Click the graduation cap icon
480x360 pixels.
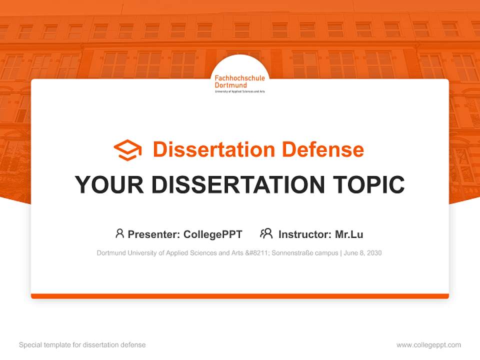pos(127,150)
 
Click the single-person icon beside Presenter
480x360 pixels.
pos(119,233)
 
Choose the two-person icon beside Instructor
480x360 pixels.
pos(266,233)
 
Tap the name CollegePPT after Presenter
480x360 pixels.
pos(213,234)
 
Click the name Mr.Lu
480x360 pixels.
pos(349,234)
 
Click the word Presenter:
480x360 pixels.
pos(154,234)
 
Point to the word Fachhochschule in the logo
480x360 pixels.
pos(239,78)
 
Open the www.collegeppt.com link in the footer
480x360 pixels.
pos(428,345)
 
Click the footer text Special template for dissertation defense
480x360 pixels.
pos(82,345)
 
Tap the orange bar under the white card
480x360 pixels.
pos(240,296)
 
